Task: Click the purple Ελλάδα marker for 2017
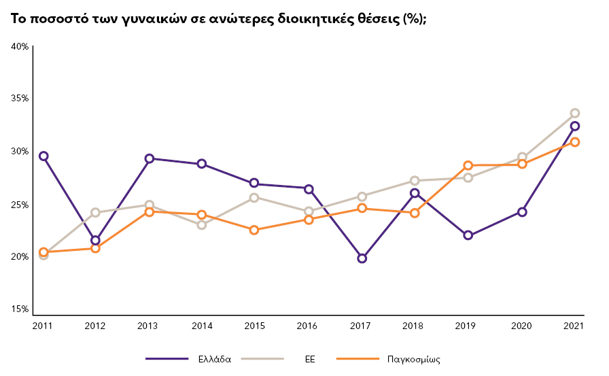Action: [x=362, y=258]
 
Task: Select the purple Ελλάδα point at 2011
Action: [x=43, y=156]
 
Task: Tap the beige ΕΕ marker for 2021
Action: [x=574, y=113]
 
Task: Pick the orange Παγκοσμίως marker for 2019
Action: [x=468, y=165]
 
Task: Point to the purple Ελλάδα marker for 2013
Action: [x=150, y=158]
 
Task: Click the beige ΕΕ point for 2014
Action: [x=202, y=225]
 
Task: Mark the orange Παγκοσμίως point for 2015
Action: [x=254, y=230]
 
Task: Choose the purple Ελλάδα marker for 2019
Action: [x=468, y=235]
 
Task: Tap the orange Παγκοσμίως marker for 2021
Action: [x=574, y=141]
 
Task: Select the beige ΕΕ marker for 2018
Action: [x=415, y=181]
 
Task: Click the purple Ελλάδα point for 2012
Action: [x=96, y=240]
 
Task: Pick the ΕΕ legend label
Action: [x=310, y=359]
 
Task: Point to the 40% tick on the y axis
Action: [x=19, y=46]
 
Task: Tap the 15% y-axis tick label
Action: [x=19, y=309]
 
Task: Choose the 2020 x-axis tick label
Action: [x=521, y=326]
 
